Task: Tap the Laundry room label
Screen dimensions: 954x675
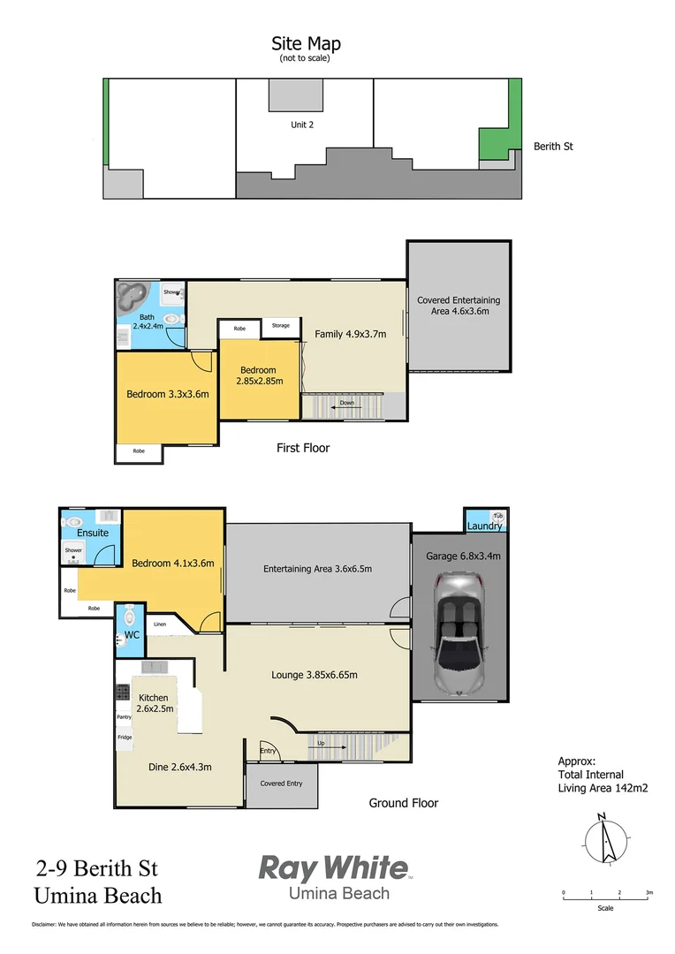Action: (x=485, y=526)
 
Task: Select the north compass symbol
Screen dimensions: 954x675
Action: (x=605, y=837)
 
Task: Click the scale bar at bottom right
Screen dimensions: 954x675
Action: (x=605, y=898)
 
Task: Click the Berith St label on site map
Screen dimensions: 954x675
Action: (x=553, y=147)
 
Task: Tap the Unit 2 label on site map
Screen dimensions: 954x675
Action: (x=302, y=125)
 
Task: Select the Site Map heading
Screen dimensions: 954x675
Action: (x=306, y=44)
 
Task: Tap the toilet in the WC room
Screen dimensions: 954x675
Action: (x=129, y=615)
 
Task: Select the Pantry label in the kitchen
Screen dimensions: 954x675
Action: (x=124, y=717)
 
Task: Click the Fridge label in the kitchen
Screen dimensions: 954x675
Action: (x=125, y=738)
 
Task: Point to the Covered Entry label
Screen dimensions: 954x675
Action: (x=281, y=784)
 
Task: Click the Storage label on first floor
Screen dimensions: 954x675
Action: (x=280, y=326)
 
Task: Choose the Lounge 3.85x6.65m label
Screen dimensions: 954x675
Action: (x=314, y=675)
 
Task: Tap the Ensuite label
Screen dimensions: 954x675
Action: (x=92, y=533)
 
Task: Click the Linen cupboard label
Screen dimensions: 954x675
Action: (x=160, y=625)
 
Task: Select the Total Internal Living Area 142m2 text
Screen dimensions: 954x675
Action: (x=603, y=781)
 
